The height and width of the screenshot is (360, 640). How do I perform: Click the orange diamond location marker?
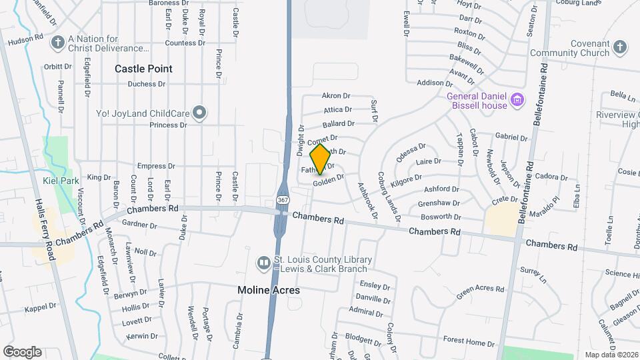(x=321, y=159)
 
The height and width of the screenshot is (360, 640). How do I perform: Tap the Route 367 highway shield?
(x=282, y=201)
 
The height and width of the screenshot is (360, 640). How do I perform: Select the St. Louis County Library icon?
(x=264, y=264)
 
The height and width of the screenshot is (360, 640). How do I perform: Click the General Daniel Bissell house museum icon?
(x=517, y=101)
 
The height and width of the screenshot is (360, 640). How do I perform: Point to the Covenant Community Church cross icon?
(x=620, y=47)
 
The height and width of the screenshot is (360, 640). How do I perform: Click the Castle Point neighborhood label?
(x=143, y=69)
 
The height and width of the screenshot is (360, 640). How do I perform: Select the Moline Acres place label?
(x=269, y=290)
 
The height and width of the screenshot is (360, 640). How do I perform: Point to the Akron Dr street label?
(x=336, y=96)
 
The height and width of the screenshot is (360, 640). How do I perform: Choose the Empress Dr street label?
(x=156, y=166)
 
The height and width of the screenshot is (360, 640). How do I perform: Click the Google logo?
(x=22, y=351)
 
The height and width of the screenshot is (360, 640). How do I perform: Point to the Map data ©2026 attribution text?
(x=611, y=355)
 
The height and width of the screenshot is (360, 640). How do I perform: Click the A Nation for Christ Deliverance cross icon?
(x=57, y=43)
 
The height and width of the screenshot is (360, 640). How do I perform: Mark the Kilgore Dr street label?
(x=407, y=179)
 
